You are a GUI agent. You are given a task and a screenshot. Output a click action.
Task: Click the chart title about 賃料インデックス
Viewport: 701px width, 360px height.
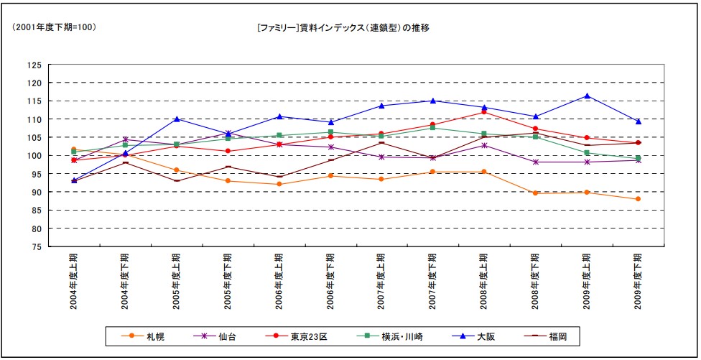pos(343,27)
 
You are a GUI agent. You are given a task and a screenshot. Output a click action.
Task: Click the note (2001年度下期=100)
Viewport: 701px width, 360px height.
pos(54,27)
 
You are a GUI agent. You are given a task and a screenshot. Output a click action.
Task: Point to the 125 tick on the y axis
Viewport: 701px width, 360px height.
pos(34,65)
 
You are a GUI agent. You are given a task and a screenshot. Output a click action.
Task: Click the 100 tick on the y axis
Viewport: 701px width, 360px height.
pos(34,156)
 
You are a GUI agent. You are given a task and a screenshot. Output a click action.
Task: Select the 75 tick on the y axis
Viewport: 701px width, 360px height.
pos(34,247)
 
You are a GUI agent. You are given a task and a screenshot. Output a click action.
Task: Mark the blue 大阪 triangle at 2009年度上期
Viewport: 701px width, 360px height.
pos(587,96)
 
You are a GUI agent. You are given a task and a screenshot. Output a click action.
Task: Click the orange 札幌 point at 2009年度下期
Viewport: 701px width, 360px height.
pos(638,199)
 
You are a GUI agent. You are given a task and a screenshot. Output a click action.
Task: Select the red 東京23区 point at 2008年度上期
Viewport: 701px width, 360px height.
pos(484,112)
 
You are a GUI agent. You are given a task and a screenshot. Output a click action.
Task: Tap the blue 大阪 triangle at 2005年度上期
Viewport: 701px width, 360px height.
pos(177,119)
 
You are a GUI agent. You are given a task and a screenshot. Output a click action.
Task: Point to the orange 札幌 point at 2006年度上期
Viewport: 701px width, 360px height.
pos(279,184)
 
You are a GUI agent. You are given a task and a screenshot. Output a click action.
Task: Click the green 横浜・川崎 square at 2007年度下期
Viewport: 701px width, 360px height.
pos(433,128)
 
